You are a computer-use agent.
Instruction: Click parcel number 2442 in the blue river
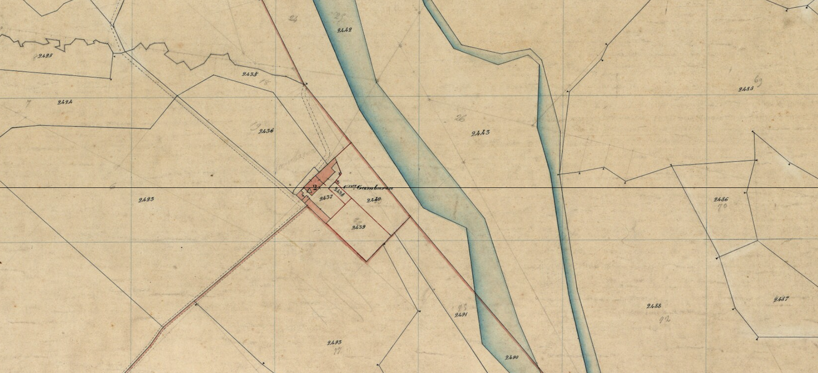pyautogui.click(x=344, y=30)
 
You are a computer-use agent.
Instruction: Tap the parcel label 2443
pyautogui.click(x=480, y=133)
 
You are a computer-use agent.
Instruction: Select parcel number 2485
pyautogui.click(x=746, y=89)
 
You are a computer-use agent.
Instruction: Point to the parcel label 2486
pyautogui.click(x=721, y=200)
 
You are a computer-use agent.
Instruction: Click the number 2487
pyautogui.click(x=781, y=299)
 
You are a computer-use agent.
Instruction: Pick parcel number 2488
pyautogui.click(x=654, y=306)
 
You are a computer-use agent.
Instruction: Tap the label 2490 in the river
pyautogui.click(x=512, y=357)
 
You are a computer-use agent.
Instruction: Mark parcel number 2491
pyautogui.click(x=461, y=315)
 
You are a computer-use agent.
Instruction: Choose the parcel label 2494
pyautogui.click(x=65, y=102)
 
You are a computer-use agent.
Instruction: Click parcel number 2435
pyautogui.click(x=250, y=74)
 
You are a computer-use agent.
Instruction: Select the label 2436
pyautogui.click(x=266, y=131)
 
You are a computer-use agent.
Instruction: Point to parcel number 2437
pyautogui.click(x=326, y=198)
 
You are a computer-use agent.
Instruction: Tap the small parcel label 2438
pyautogui.click(x=339, y=191)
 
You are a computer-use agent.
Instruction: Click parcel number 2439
pyautogui.click(x=358, y=227)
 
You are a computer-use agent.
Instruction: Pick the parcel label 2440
pyautogui.click(x=374, y=200)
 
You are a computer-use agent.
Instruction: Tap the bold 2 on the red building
pyautogui.click(x=315, y=188)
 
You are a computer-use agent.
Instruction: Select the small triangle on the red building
pyautogui.click(x=309, y=191)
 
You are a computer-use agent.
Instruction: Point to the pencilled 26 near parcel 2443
pyautogui.click(x=460, y=118)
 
